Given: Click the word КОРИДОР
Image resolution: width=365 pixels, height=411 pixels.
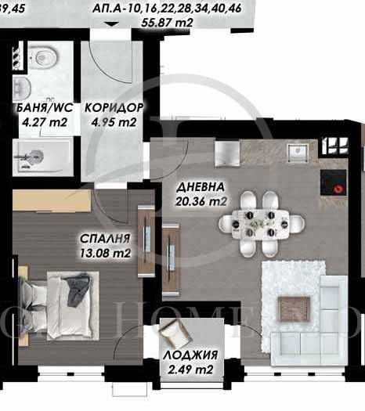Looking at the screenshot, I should (114, 108).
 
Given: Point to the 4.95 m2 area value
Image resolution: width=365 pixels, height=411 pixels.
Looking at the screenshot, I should (114, 122).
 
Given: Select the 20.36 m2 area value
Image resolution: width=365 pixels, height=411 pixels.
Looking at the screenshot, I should (201, 202).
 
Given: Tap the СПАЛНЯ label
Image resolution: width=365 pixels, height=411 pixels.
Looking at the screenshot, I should (103, 238).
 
